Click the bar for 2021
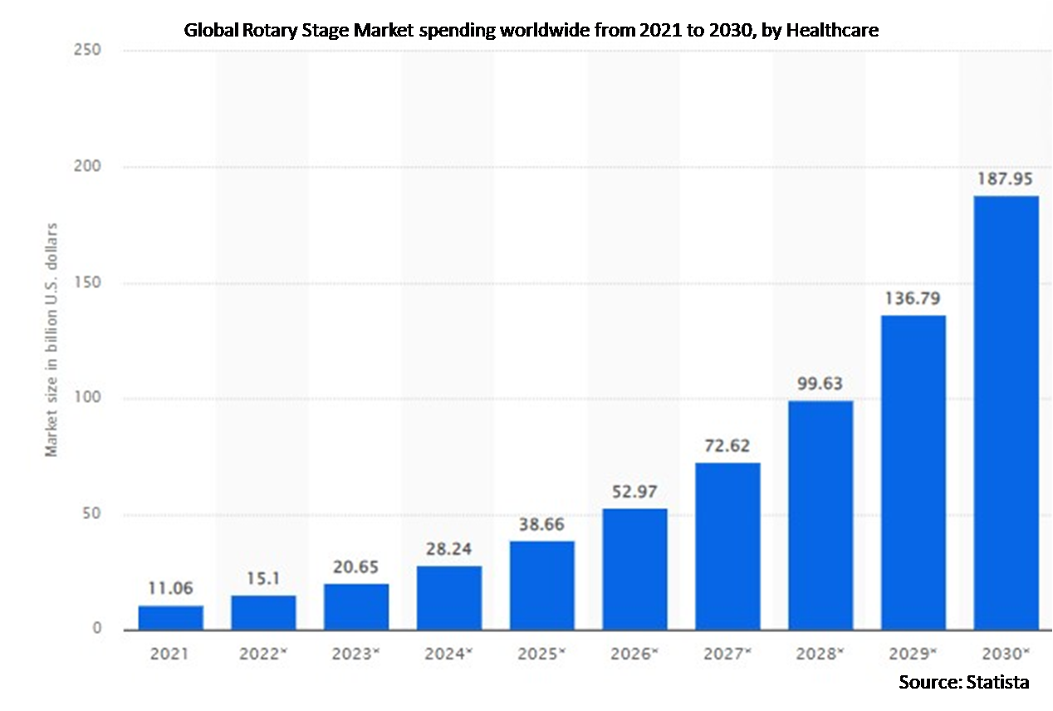tap(170, 618)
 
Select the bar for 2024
tap(449, 598)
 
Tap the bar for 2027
tap(727, 546)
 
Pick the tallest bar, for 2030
tap(1006, 413)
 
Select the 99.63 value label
tap(820, 385)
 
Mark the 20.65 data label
tap(356, 567)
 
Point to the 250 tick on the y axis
tap(86, 51)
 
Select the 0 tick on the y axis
tap(96, 629)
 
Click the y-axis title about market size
tap(52, 339)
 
